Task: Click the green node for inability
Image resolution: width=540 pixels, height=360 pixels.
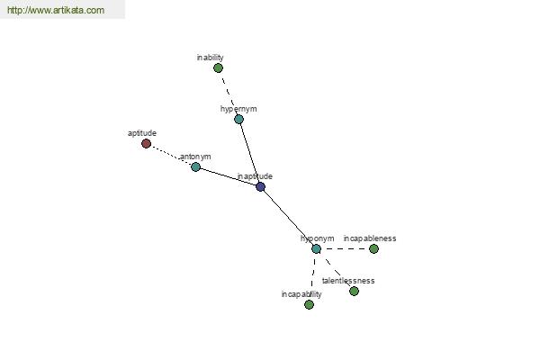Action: [218, 67]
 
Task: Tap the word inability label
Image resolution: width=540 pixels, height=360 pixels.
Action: [210, 58]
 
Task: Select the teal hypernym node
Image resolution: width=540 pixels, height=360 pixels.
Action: [238, 119]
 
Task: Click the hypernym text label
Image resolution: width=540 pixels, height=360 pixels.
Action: [238, 109]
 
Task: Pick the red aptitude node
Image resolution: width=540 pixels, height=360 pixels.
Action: [146, 143]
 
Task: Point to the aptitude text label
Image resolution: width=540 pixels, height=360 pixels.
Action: [142, 133]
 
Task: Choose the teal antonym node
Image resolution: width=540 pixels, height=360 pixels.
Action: [195, 166]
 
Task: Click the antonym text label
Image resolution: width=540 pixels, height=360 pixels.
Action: [195, 157]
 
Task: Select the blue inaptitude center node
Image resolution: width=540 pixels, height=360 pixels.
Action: [260, 187]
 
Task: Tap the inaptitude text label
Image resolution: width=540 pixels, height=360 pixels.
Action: [255, 176]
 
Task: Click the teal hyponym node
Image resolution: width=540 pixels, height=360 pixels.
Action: [316, 248]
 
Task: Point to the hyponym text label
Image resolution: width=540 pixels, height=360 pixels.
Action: [317, 238]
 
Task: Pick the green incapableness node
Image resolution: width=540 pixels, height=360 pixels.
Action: [373, 248]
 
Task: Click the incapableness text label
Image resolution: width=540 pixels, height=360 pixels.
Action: [370, 238]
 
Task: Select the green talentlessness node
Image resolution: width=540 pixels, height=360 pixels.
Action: [354, 291]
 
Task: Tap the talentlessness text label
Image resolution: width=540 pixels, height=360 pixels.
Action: [348, 281]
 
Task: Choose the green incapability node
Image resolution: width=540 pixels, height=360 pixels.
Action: [309, 304]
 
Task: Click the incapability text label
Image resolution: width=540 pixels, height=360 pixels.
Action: [301, 294]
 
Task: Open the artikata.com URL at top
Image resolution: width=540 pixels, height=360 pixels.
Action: [56, 10]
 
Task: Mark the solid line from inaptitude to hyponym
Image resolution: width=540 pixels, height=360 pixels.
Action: [288, 218]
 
